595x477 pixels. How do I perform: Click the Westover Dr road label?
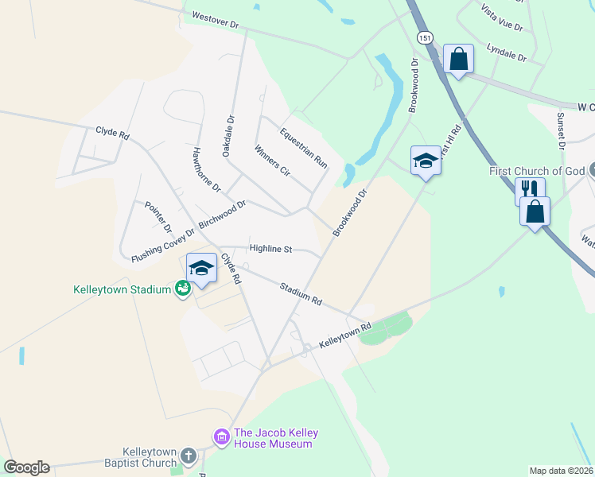click(216, 20)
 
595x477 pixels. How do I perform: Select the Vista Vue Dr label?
click(502, 17)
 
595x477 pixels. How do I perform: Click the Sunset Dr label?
click(560, 131)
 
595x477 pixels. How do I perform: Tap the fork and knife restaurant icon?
click(530, 190)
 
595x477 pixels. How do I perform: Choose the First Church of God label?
click(537, 171)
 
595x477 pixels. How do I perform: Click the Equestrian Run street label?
click(304, 147)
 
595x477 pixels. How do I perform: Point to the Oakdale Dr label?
click(229, 135)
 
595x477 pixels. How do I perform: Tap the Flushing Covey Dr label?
click(163, 246)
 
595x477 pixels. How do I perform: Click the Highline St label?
click(271, 249)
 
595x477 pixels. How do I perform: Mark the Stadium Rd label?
click(300, 294)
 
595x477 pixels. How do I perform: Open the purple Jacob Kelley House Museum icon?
click(221, 437)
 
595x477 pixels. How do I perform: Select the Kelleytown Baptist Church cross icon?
click(188, 456)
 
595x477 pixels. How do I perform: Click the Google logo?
click(26, 467)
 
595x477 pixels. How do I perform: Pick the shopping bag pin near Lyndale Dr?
click(458, 59)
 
